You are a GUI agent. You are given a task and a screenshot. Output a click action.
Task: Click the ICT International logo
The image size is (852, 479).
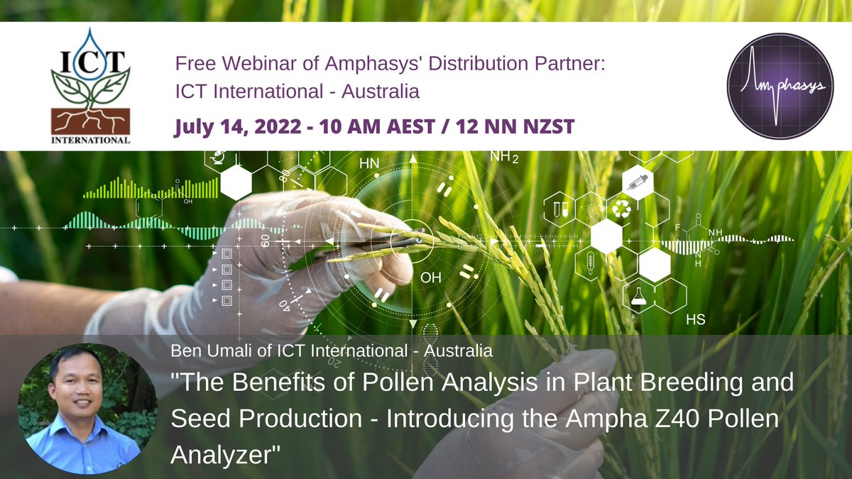[x=90, y=85]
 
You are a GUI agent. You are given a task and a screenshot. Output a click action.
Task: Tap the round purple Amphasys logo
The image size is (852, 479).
[x=780, y=85]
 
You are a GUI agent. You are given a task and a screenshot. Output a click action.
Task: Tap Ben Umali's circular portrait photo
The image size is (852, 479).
[x=79, y=408]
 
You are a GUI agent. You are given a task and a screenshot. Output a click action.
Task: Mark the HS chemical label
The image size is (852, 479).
[x=695, y=319]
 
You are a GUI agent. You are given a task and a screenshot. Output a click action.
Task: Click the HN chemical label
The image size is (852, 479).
[x=369, y=163]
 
